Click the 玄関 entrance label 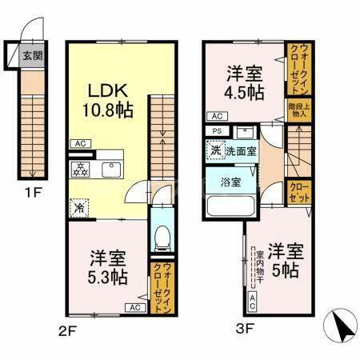[31, 56]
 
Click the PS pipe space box [216, 131]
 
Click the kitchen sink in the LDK [110, 170]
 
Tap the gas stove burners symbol [81, 170]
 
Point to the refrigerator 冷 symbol [79, 206]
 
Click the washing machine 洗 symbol [216, 150]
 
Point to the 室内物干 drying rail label [259, 269]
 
